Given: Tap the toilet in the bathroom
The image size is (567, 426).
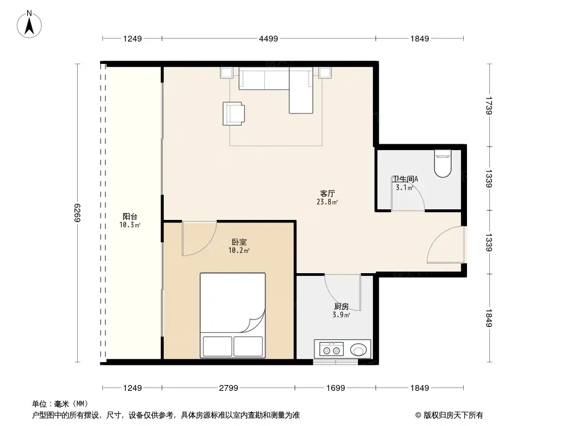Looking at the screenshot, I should (443, 163).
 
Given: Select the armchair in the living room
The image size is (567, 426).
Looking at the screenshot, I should (234, 113).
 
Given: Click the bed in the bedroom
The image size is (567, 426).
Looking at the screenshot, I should (232, 315).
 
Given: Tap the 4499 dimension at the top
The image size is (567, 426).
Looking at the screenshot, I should (268, 38).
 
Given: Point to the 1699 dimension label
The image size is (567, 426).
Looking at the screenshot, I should (336, 388).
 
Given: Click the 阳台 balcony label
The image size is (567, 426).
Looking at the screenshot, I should (130, 217).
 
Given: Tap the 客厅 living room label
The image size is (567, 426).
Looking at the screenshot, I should (328, 194).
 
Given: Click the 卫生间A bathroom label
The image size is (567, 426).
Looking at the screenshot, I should (405, 179).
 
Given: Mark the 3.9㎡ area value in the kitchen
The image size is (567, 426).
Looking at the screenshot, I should (341, 315).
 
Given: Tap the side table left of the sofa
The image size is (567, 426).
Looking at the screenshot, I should (227, 73).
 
